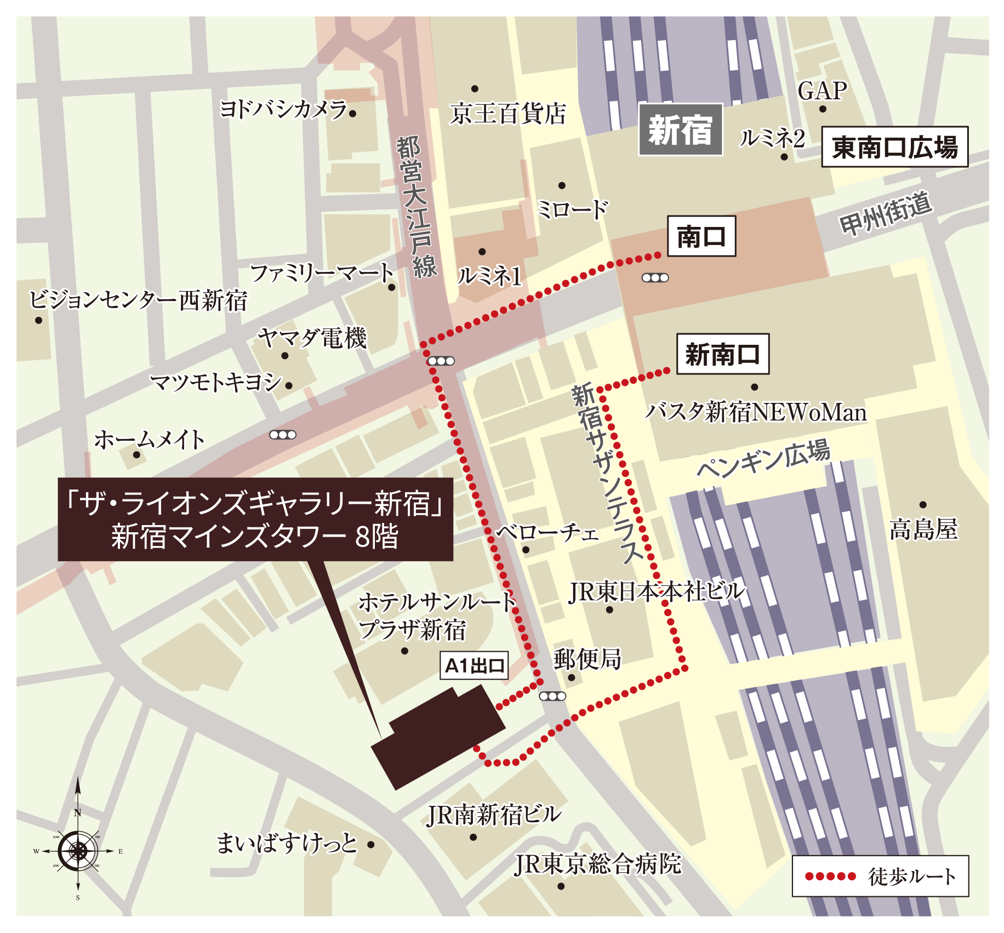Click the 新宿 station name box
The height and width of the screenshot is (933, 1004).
tap(680, 129)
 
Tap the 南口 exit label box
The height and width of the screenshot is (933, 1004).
tap(701, 236)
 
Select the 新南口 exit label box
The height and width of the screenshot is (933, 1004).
tap(722, 354)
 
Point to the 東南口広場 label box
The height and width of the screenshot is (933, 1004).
tap(894, 147)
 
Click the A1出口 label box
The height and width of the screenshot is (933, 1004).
tap(474, 665)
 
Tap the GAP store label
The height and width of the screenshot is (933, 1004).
tap(822, 91)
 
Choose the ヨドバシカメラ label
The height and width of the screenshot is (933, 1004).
tap(283, 110)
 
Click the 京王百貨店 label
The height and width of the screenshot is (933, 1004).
tap(507, 114)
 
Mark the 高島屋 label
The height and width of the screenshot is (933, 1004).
tap(923, 530)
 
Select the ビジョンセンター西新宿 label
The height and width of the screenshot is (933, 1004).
tap(138, 300)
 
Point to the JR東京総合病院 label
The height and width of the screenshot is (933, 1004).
tap(597, 864)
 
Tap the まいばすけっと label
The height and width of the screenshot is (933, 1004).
tap(286, 843)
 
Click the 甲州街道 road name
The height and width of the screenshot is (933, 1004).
tap(885, 214)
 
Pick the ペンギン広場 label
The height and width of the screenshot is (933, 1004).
tap(763, 458)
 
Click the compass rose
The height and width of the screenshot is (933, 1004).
tap(78, 851)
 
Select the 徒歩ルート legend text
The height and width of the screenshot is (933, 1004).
tap(911, 877)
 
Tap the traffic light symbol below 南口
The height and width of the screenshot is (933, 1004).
tap(655, 278)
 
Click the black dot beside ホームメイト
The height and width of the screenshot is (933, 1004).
tap(136, 454)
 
